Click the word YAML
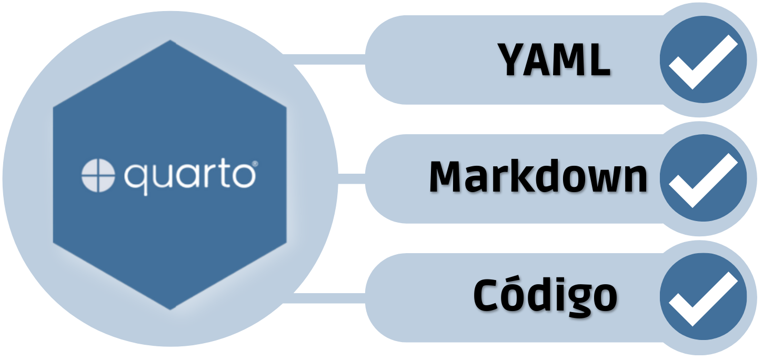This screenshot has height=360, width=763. (x=554, y=59)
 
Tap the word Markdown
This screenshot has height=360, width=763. (x=538, y=176)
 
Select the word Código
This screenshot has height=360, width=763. (x=545, y=295)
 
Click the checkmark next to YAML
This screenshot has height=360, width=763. (x=704, y=62)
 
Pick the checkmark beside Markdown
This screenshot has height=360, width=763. (x=704, y=180)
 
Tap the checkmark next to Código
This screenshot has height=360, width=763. (x=704, y=299)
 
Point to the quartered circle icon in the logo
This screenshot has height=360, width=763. (x=98, y=175)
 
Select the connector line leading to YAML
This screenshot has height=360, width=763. (x=324, y=59)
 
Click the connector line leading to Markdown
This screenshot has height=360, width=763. (x=352, y=178)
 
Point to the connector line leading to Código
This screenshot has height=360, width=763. (x=324, y=298)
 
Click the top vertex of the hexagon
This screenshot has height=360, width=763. (x=170, y=40)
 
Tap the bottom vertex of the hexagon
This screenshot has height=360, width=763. (x=170, y=309)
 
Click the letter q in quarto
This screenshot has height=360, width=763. (x=136, y=179)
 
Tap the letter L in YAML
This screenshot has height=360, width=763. (x=599, y=59)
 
